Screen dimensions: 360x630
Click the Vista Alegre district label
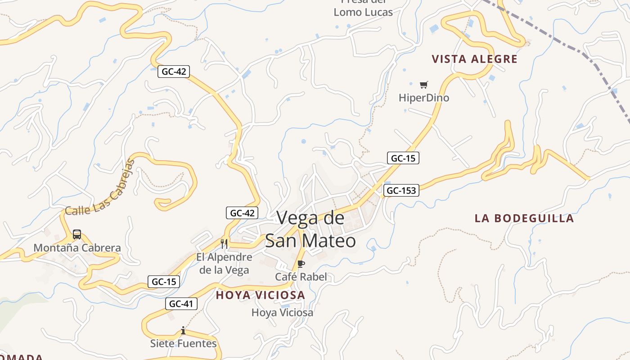point(475,59)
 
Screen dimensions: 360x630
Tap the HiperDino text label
point(424,98)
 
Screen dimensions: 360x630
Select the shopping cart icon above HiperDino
point(423,85)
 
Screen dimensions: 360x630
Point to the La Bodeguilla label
point(524,218)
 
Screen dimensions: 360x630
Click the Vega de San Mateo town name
point(310,229)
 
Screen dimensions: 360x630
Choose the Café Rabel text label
point(301,277)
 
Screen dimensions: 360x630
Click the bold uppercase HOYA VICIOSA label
point(260,295)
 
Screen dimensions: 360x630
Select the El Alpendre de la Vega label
point(224,264)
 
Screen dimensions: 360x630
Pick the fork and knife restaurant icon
point(224,244)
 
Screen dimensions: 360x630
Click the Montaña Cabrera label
point(77,248)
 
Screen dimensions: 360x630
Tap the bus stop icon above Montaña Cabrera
point(77,234)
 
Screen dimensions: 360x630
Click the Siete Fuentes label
point(183,344)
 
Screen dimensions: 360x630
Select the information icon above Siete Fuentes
point(183,331)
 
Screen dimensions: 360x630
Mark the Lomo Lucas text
point(363,12)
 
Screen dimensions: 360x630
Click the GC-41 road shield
point(181,304)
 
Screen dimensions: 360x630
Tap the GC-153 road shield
point(401,190)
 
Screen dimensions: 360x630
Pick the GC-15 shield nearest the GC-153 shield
point(403,158)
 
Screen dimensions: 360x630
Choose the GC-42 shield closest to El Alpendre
point(242,213)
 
